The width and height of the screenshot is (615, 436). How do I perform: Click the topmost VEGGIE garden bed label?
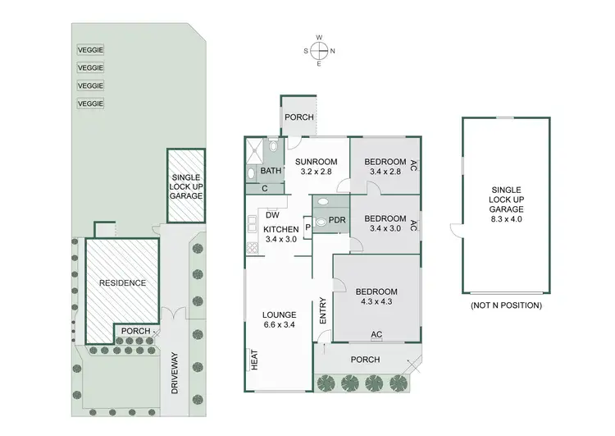point(90,49)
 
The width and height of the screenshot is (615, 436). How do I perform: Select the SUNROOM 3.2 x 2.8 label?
point(316,167)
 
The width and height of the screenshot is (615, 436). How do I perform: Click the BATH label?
point(270,172)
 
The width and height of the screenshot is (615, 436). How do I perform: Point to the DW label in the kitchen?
point(271,215)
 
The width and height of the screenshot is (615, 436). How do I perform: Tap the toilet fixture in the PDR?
point(320,220)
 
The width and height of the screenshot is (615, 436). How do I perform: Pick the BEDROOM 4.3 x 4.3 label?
point(376,296)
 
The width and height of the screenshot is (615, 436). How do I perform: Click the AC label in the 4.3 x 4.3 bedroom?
point(376,334)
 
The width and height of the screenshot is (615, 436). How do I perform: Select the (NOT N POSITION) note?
point(506,305)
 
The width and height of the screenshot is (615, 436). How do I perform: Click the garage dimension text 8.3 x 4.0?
point(505,219)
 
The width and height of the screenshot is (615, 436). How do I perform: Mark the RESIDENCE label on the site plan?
point(122,283)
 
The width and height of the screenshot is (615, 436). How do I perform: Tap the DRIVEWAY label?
point(175,374)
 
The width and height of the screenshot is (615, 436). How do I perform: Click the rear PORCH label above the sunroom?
point(299,117)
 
